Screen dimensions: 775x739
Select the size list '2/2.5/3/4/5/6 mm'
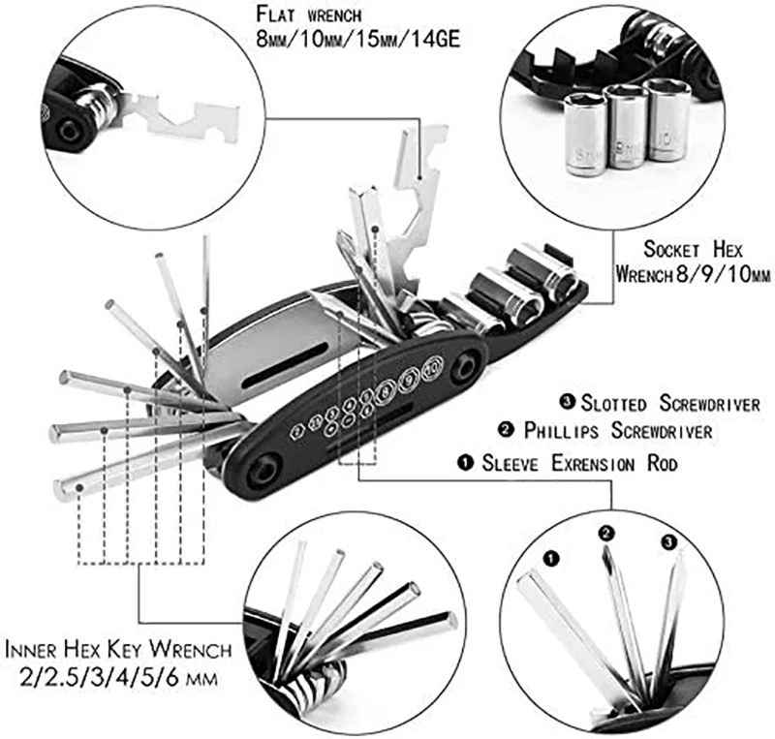(117, 675)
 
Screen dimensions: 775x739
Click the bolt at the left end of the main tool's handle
(263, 470)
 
